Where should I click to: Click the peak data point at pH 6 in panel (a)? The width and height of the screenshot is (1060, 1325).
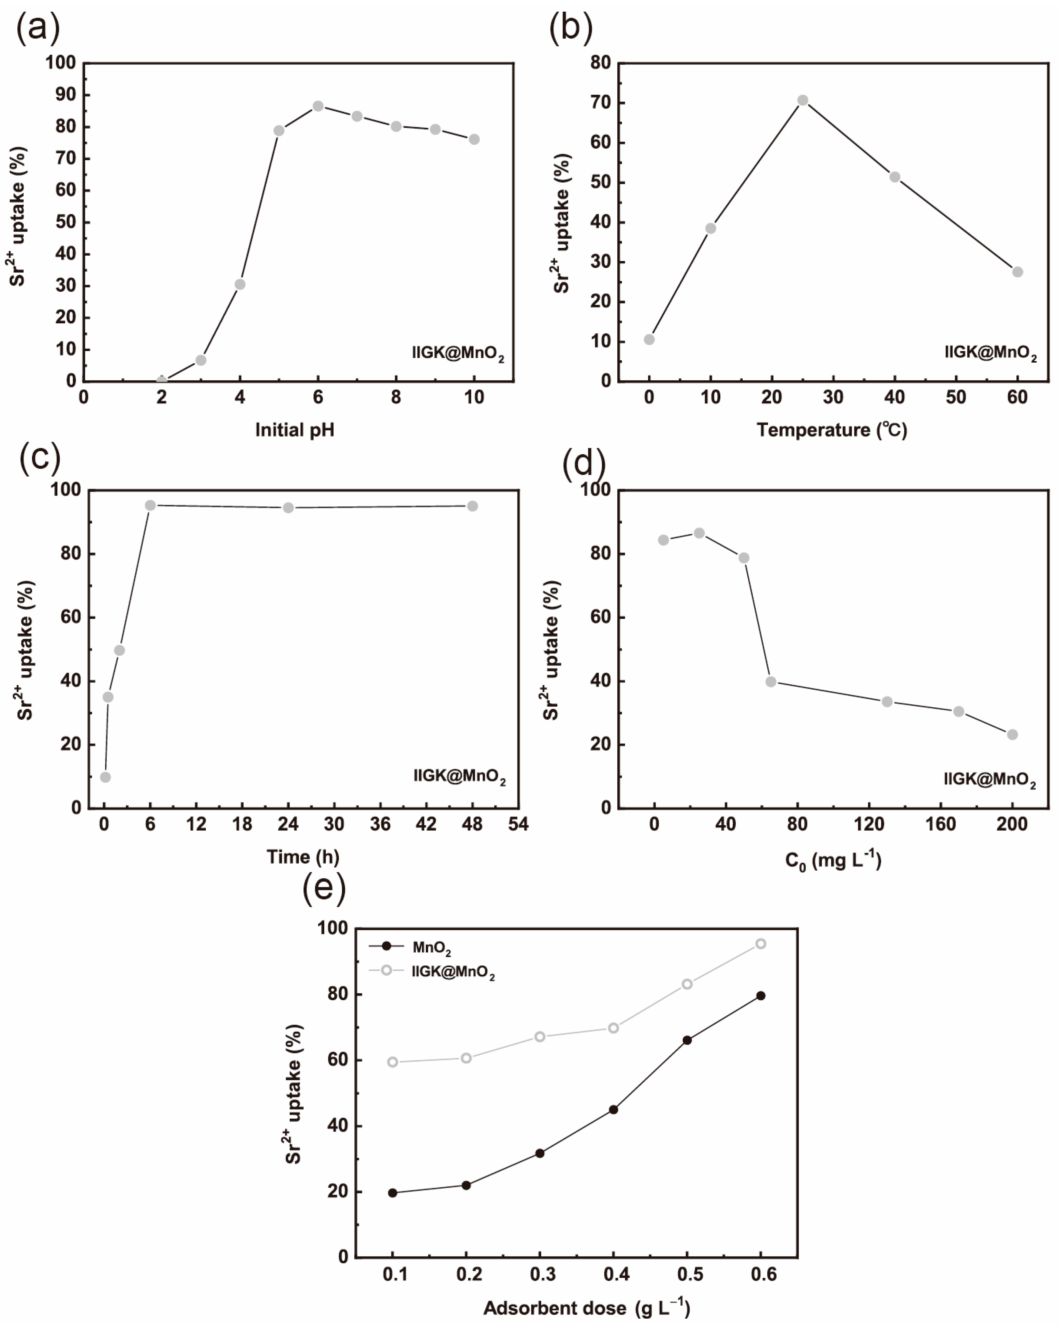(318, 106)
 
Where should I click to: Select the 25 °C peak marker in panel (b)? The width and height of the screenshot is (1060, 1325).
(802, 100)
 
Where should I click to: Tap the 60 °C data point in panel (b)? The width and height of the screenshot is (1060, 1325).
(1017, 272)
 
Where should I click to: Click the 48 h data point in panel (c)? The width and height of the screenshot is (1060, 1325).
(472, 506)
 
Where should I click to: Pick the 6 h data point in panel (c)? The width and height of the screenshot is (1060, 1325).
(150, 505)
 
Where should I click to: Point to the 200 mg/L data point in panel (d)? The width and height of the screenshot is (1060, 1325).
(1012, 734)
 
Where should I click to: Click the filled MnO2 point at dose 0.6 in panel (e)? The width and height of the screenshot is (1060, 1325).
(760, 996)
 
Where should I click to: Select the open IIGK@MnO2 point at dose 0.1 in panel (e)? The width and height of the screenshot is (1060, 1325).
(393, 1062)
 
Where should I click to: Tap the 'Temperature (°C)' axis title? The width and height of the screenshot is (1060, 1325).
(831, 429)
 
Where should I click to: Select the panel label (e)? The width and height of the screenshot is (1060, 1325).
(324, 888)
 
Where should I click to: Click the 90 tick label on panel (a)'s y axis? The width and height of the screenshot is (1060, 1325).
(65, 95)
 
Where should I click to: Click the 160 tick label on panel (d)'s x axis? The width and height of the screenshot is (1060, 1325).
(940, 824)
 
